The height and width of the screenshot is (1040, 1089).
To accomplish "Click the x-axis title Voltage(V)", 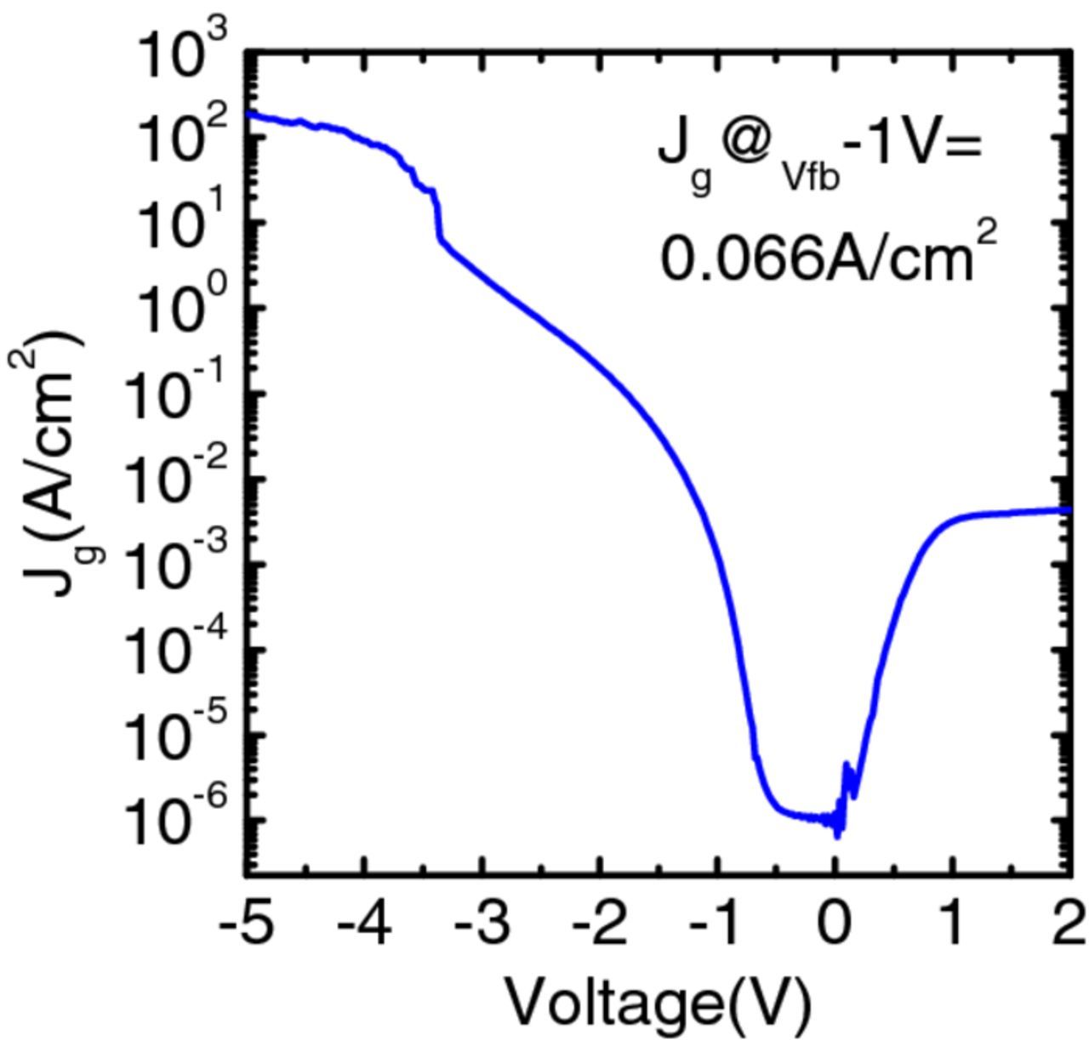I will click(658, 1001).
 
